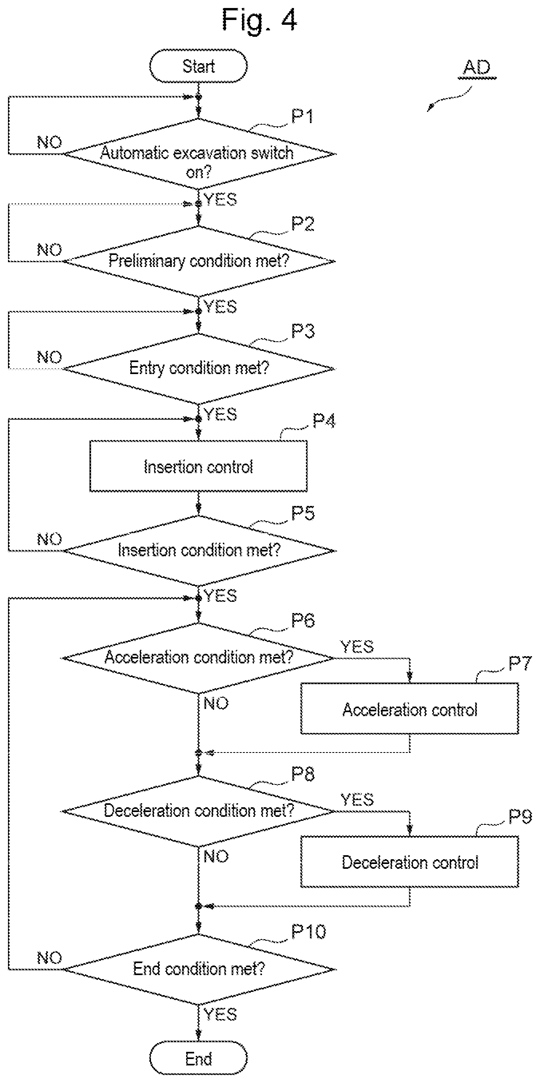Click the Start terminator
199,66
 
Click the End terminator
199,1059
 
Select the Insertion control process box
199,466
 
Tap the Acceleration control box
410,709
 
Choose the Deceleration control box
410,862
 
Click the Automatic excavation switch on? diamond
199,154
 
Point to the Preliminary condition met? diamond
199,261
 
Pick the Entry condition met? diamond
199,369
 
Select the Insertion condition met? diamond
199,550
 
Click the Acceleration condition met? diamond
199,658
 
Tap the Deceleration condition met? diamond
199,811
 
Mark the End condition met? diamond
199,970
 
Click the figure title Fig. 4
259,19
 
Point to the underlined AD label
477,67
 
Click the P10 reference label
308,932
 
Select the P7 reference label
520,663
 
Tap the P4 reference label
324,420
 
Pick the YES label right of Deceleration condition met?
357,799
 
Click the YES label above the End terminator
220,1015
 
